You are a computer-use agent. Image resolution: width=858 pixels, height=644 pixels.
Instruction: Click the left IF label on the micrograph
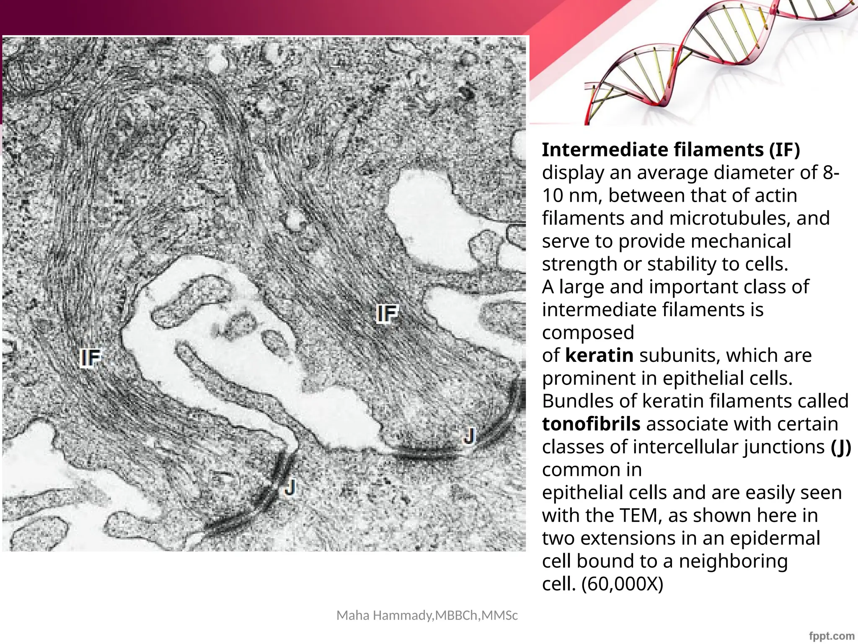click(91, 358)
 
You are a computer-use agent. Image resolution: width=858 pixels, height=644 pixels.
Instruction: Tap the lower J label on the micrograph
click(290, 488)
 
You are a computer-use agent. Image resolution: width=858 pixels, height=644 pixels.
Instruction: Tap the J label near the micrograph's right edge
click(470, 436)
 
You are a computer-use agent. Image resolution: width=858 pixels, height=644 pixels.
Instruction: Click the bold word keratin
click(599, 356)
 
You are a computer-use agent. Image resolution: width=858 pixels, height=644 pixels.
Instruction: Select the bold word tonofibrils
click(591, 424)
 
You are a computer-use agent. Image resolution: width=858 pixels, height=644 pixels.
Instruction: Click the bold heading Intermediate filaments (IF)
click(671, 150)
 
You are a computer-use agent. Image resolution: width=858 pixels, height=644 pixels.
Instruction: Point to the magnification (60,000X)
click(623, 584)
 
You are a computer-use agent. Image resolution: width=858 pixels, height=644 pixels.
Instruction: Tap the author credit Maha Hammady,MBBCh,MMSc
click(427, 615)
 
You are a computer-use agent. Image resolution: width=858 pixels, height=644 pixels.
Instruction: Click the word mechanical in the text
click(741, 241)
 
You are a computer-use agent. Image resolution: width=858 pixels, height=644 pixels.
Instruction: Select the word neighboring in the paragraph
click(733, 561)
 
